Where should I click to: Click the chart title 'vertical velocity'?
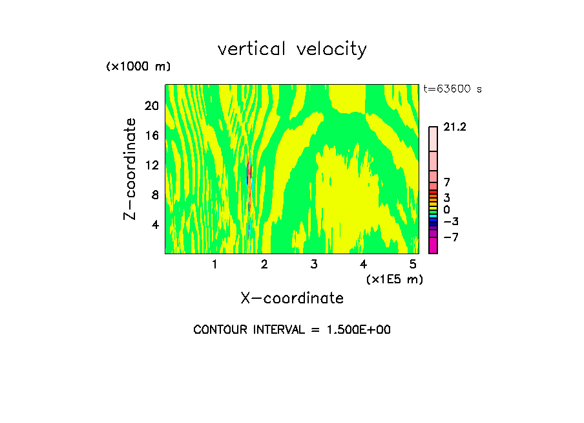click(292, 49)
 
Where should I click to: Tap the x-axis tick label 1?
click(214, 264)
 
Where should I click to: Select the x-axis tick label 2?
click(264, 264)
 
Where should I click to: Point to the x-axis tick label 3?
click(313, 264)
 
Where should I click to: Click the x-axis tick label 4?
click(363, 264)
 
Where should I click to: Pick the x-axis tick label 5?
click(413, 264)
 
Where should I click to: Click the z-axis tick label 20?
click(151, 105)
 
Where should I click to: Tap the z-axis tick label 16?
click(151, 135)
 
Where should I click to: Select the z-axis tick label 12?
click(151, 165)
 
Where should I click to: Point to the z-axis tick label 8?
click(154, 195)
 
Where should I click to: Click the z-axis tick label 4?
click(154, 224)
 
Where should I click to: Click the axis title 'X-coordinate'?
click(292, 298)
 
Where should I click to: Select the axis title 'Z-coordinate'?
click(130, 169)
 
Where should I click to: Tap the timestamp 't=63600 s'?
click(452, 89)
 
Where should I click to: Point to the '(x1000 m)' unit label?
click(138, 67)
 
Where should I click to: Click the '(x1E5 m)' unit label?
click(394, 279)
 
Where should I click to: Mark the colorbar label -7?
click(450, 237)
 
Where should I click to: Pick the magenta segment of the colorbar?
click(433, 245)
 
